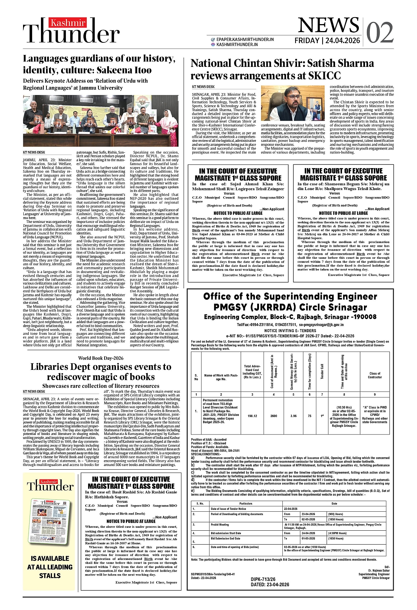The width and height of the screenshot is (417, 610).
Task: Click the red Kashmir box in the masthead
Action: click(68, 23)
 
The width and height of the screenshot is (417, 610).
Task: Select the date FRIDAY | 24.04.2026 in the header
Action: click(327, 41)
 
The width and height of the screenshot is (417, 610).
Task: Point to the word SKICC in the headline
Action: click(323, 76)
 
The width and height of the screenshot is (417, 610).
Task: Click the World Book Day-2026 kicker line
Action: click(101, 358)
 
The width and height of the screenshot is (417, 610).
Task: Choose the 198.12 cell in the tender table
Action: click(252, 416)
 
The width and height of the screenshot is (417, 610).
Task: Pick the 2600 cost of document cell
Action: click(273, 416)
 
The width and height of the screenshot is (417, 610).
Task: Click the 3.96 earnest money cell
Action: click(293, 416)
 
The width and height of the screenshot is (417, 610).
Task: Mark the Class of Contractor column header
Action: click(375, 375)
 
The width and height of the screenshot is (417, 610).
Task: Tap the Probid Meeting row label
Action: click(220, 524)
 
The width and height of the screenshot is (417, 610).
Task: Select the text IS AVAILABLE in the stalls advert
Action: click(50, 558)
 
